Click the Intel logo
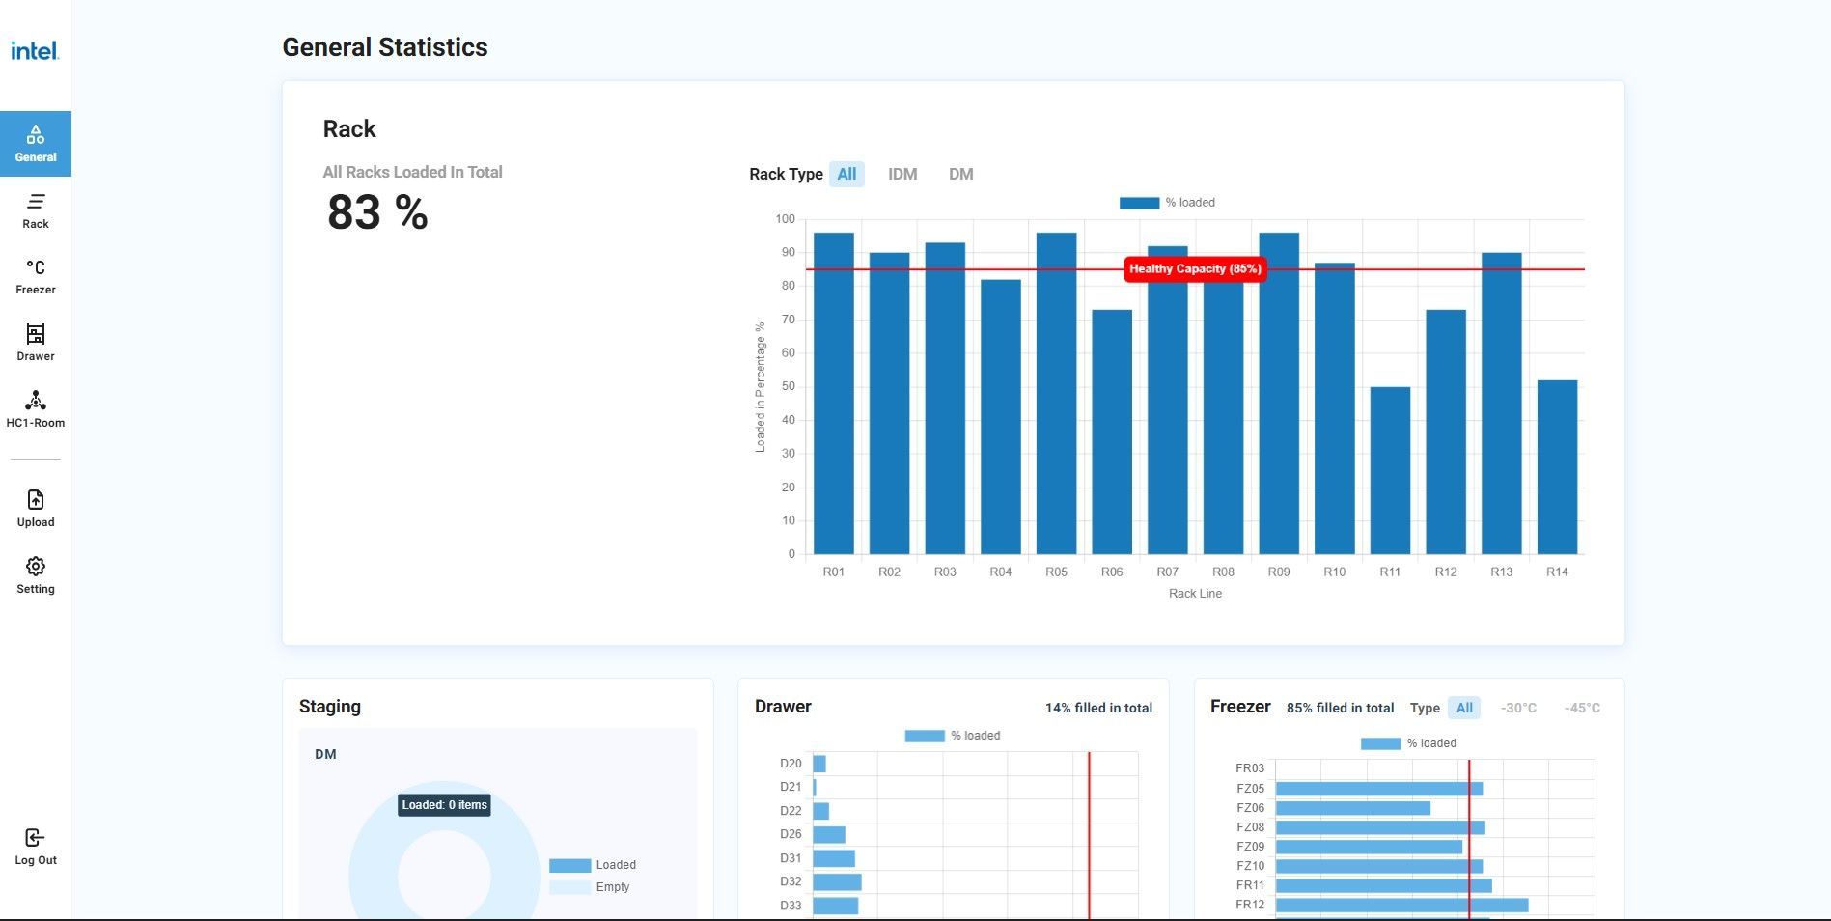(x=35, y=50)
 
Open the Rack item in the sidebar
(x=36, y=210)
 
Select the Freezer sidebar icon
(x=36, y=267)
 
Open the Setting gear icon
(x=36, y=566)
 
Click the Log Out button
(x=36, y=847)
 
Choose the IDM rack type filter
(x=902, y=174)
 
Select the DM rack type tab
(x=960, y=174)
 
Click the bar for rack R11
(x=1390, y=470)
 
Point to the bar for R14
(x=1557, y=467)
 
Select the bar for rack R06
(x=1112, y=432)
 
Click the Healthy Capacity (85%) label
(x=1195, y=269)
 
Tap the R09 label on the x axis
(x=1279, y=572)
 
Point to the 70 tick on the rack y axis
(x=788, y=320)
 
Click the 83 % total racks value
(x=377, y=212)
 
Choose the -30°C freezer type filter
(x=1518, y=708)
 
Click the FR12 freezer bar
(x=1401, y=905)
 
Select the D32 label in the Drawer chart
(x=791, y=881)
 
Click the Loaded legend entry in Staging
(x=593, y=865)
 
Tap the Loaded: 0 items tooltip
(x=444, y=805)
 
